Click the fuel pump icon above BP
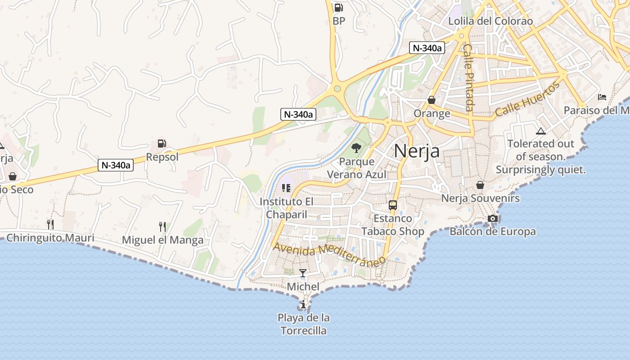point(338,8)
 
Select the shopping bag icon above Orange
point(432,100)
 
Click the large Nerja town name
point(417,151)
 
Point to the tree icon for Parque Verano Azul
point(356,148)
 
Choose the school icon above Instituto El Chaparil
point(286,188)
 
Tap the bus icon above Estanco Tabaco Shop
point(393,205)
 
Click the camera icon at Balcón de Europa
point(493,219)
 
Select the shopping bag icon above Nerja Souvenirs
point(480,185)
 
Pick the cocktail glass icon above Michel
point(303,273)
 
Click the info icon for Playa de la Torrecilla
point(303,304)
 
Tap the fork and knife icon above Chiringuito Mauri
point(50,224)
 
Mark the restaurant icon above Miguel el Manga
point(162,226)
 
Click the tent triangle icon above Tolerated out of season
point(541,131)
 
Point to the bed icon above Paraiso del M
point(602,97)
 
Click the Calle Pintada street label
point(468,77)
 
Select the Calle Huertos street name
point(527,99)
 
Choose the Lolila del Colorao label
point(490,21)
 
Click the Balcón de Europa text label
point(493,232)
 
